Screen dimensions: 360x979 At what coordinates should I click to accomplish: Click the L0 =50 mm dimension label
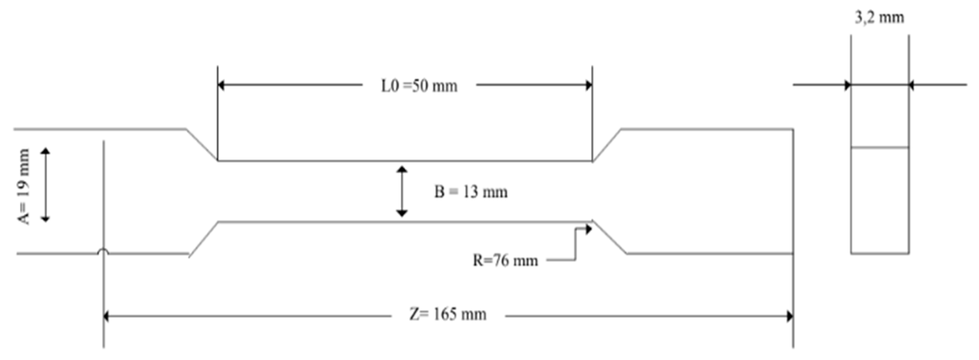tap(419, 86)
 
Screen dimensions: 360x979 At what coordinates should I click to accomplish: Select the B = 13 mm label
tap(471, 192)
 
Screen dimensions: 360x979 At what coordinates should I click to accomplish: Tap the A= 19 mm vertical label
tap(23, 186)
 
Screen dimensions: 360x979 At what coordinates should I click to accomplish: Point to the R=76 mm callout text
tap(505, 261)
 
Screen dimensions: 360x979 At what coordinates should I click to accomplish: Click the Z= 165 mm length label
tap(448, 315)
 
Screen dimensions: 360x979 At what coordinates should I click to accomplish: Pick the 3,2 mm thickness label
tap(879, 18)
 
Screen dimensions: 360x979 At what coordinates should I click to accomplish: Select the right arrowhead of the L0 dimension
tap(589, 85)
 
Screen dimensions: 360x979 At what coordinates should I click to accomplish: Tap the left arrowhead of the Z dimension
tap(107, 316)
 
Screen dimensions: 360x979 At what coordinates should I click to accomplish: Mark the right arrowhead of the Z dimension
tap(790, 316)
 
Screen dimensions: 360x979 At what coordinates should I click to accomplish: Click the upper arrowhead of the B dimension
tap(402, 169)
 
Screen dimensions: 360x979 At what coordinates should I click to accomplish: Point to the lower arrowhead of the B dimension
tap(402, 213)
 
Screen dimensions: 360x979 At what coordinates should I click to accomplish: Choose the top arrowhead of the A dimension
tap(45, 151)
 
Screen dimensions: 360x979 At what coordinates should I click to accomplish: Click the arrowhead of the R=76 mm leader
tap(589, 229)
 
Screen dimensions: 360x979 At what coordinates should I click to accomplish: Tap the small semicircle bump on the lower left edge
tap(103, 251)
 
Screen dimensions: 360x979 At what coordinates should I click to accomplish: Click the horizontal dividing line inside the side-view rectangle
tap(879, 147)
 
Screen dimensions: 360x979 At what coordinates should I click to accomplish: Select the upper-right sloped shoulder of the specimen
tap(607, 145)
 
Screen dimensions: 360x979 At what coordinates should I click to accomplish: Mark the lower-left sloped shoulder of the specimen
tap(203, 239)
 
